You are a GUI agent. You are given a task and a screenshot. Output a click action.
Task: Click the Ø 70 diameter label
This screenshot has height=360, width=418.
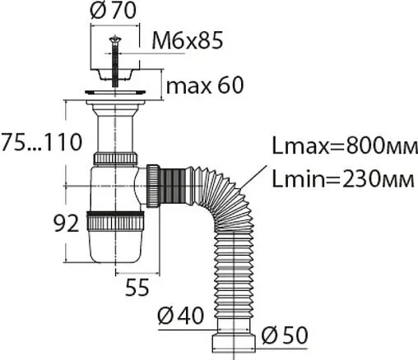(x=114, y=11)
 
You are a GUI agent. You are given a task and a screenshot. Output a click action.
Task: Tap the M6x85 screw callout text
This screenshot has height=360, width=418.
(x=188, y=40)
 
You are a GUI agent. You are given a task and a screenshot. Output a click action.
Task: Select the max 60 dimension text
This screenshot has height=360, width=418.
(x=205, y=85)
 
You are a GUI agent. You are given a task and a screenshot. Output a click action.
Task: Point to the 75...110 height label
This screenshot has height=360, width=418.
(x=41, y=142)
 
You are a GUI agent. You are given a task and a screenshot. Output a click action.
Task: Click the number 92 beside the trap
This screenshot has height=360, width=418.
(x=66, y=223)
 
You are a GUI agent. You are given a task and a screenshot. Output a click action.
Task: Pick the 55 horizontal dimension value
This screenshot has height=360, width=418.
(x=137, y=287)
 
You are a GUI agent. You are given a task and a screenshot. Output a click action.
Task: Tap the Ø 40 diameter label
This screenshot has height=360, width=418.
(x=181, y=316)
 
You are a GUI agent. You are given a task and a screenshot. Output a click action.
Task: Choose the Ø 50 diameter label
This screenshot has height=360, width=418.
(x=285, y=335)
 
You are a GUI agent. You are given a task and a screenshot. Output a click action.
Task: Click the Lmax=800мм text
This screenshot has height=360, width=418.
(x=345, y=145)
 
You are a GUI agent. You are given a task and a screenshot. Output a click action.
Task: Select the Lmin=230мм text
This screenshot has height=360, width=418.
(x=343, y=178)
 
